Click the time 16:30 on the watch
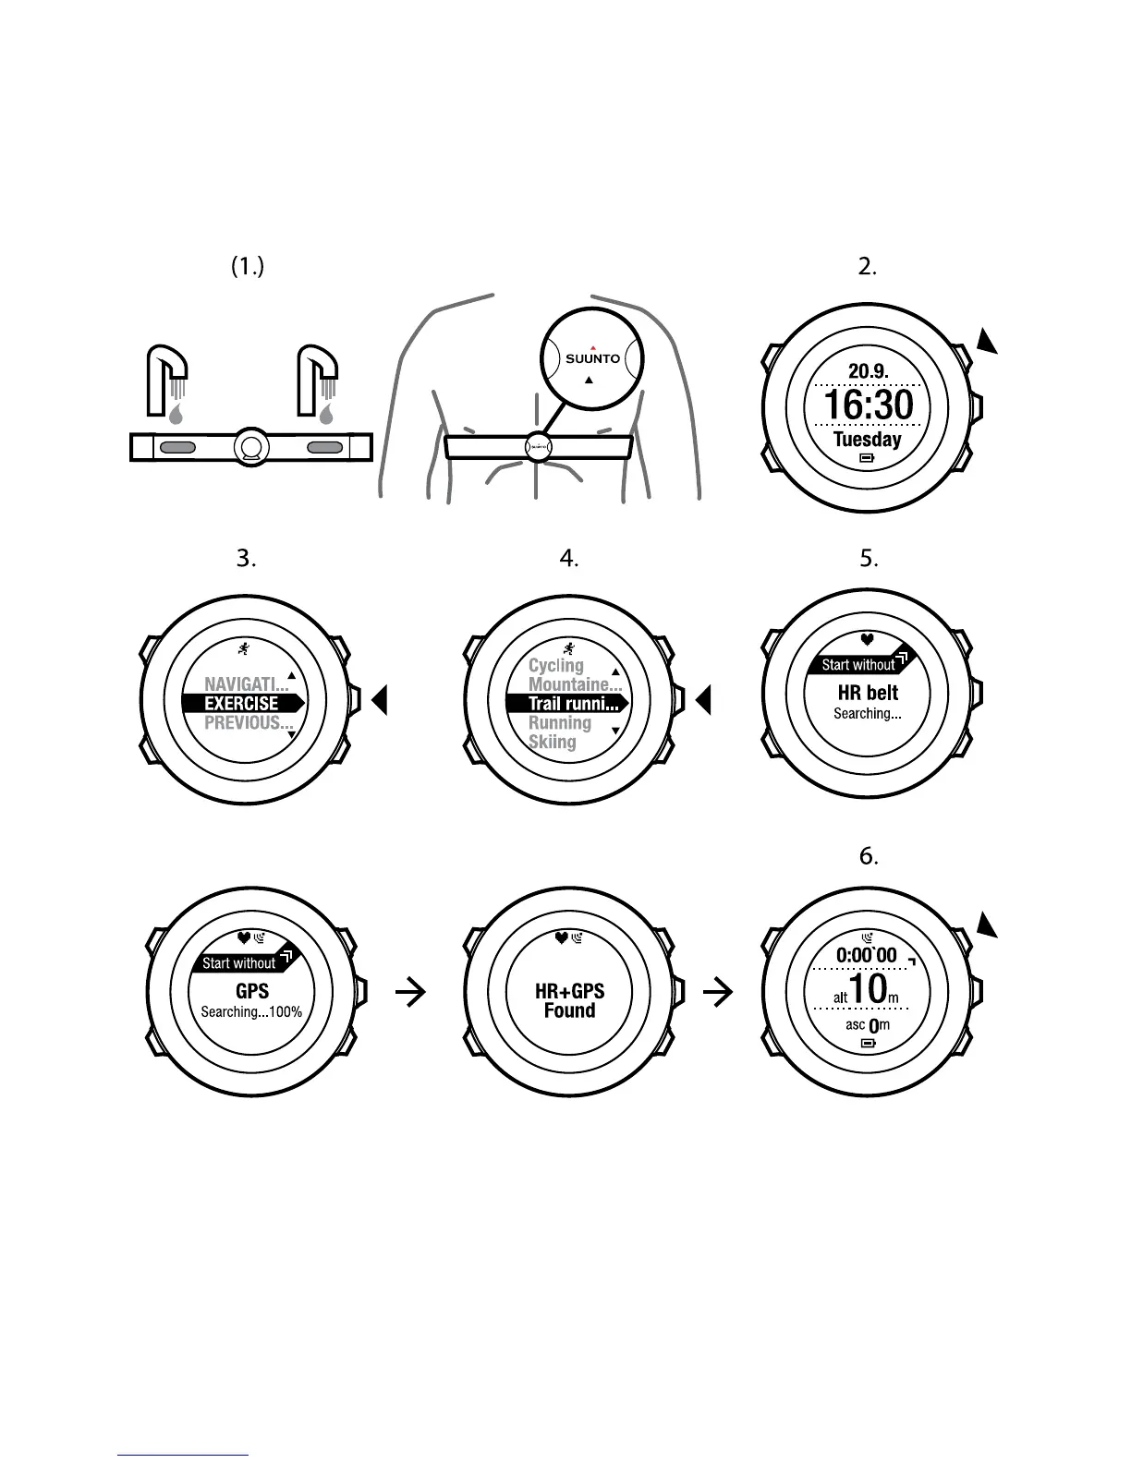(x=868, y=405)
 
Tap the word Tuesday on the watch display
(x=867, y=439)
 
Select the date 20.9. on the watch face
(x=868, y=371)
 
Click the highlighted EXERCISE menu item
(x=242, y=704)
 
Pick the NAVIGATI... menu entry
(x=246, y=684)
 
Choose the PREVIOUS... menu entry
(x=248, y=723)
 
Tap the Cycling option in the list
(x=556, y=665)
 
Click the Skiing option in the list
(x=552, y=742)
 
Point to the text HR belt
(x=868, y=693)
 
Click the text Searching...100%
(x=251, y=1012)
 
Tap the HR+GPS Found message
(x=569, y=1001)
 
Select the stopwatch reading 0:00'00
(x=866, y=955)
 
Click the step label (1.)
(x=247, y=267)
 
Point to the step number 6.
(x=869, y=856)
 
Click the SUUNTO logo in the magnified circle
(x=592, y=358)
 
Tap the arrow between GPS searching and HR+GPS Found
(x=410, y=993)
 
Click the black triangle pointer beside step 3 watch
(x=379, y=701)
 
